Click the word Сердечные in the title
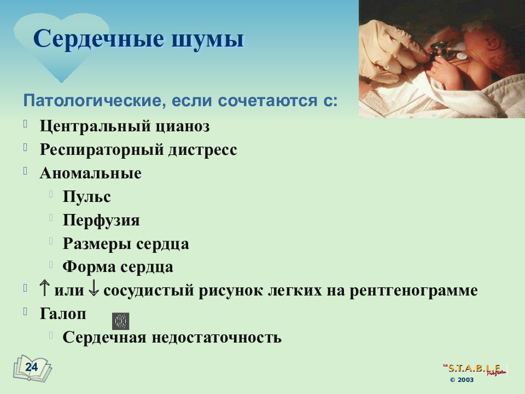[x=99, y=39]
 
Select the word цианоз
[x=183, y=126]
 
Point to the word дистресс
[x=202, y=150]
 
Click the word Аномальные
[x=90, y=173]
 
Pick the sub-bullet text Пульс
[x=86, y=196]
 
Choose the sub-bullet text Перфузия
[x=101, y=221]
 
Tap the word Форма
[x=89, y=267]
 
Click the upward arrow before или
[x=44, y=289]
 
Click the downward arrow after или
[x=94, y=289]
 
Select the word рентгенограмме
[x=413, y=291]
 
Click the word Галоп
[x=63, y=314]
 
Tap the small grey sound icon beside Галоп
[x=120, y=322]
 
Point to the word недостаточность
[x=217, y=337]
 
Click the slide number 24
[x=32, y=367]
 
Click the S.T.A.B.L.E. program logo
[x=475, y=369]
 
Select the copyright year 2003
[x=465, y=380]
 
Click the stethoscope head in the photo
[x=439, y=50]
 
